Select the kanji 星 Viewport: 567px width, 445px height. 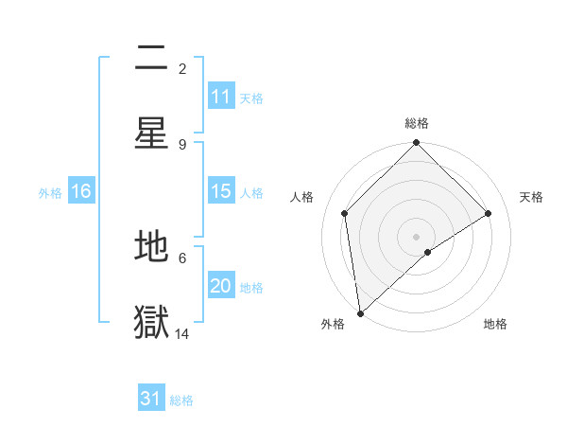pyautogui.click(x=151, y=133)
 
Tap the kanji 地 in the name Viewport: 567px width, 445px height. pyautogui.click(x=151, y=247)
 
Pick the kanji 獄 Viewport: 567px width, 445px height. pyautogui.click(x=151, y=322)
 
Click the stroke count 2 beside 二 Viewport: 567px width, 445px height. pyautogui.click(x=182, y=68)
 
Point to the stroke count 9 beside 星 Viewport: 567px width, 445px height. pyautogui.click(x=182, y=144)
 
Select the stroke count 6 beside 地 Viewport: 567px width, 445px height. pyautogui.click(x=182, y=257)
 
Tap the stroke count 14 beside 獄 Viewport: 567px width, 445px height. pyautogui.click(x=182, y=333)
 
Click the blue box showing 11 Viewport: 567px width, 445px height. pyautogui.click(x=221, y=97)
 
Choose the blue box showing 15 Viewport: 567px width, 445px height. pyautogui.click(x=221, y=191)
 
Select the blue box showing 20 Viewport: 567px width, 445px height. pyautogui.click(x=221, y=286)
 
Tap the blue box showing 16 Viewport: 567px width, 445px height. pyautogui.click(x=81, y=191)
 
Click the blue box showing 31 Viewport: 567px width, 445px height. pyautogui.click(x=151, y=399)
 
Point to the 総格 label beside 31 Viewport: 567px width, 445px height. pyautogui.click(x=181, y=400)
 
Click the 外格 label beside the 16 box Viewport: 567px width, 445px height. pyautogui.click(x=50, y=193)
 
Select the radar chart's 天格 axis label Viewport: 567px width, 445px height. pyautogui.click(x=531, y=197)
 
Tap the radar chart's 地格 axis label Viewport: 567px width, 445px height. pyautogui.click(x=495, y=325)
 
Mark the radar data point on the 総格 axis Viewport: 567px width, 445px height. pyautogui.click(x=416, y=144)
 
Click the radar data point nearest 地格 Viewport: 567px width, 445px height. pyautogui.click(x=428, y=252)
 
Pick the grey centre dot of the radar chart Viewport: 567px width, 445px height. pyautogui.click(x=416, y=236)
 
